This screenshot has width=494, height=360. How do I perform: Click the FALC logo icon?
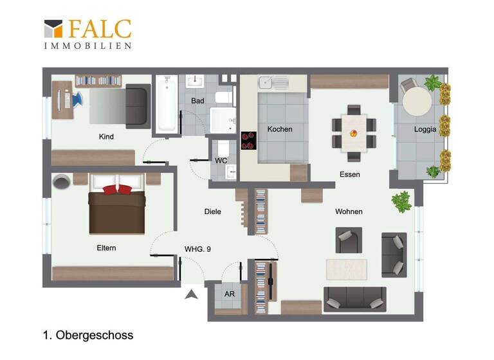pyautogui.click(x=53, y=28)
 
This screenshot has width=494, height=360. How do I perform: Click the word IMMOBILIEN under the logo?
pyautogui.click(x=87, y=46)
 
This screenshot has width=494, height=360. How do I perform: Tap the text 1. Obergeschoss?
pyautogui.click(x=88, y=335)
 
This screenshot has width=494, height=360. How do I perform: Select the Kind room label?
pyautogui.click(x=106, y=136)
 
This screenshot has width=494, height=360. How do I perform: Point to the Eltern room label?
pyautogui.click(x=106, y=248)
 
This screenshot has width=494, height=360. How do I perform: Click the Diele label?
pyautogui.click(x=212, y=212)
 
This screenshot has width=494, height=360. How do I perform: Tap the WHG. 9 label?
pyautogui.click(x=197, y=249)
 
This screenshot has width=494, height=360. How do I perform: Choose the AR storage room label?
pyautogui.click(x=230, y=294)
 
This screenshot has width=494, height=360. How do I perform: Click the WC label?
pyautogui.click(x=221, y=160)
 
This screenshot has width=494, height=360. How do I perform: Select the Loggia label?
pyautogui.click(x=425, y=129)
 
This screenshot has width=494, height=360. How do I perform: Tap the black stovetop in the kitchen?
pyautogui.click(x=248, y=139)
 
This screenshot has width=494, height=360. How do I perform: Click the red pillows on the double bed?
pyautogui.click(x=116, y=189)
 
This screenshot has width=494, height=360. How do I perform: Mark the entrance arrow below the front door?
pyautogui.click(x=190, y=295)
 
